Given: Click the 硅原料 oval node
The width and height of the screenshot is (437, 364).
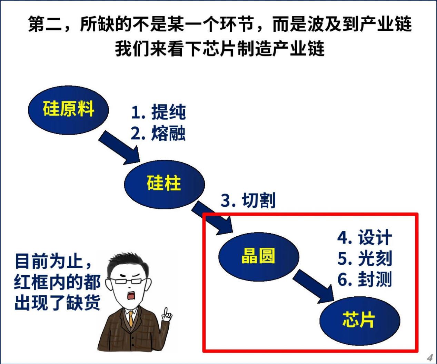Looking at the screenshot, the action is (68, 110).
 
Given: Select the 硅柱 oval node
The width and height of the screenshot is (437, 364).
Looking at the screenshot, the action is (164, 184).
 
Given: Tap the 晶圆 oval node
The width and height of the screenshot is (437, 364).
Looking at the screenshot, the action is (259, 257).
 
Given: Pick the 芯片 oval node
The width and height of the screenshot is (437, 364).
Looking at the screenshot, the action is (360, 321).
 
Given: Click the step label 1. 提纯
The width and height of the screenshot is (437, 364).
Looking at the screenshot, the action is (158, 112).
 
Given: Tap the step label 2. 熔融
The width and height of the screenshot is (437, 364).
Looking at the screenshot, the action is (158, 133).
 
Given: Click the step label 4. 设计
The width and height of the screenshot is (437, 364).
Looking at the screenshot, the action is (365, 237).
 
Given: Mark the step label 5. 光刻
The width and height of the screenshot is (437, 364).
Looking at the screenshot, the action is (365, 258).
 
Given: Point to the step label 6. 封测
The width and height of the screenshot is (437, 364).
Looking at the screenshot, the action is (365, 279).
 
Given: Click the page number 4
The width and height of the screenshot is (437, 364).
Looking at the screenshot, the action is (430, 358).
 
